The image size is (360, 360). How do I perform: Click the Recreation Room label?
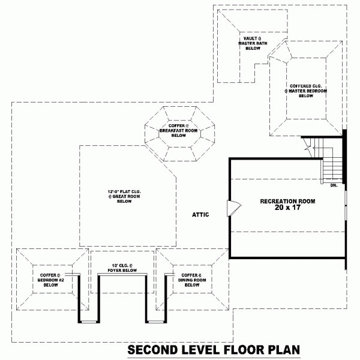[287, 201]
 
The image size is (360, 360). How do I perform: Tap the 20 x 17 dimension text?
[287, 208]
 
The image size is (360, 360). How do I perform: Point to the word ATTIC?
[200, 214]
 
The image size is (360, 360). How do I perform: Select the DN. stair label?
[334, 186]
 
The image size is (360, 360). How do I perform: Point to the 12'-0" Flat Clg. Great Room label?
[124, 197]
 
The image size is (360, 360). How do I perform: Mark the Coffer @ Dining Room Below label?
[191, 280]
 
